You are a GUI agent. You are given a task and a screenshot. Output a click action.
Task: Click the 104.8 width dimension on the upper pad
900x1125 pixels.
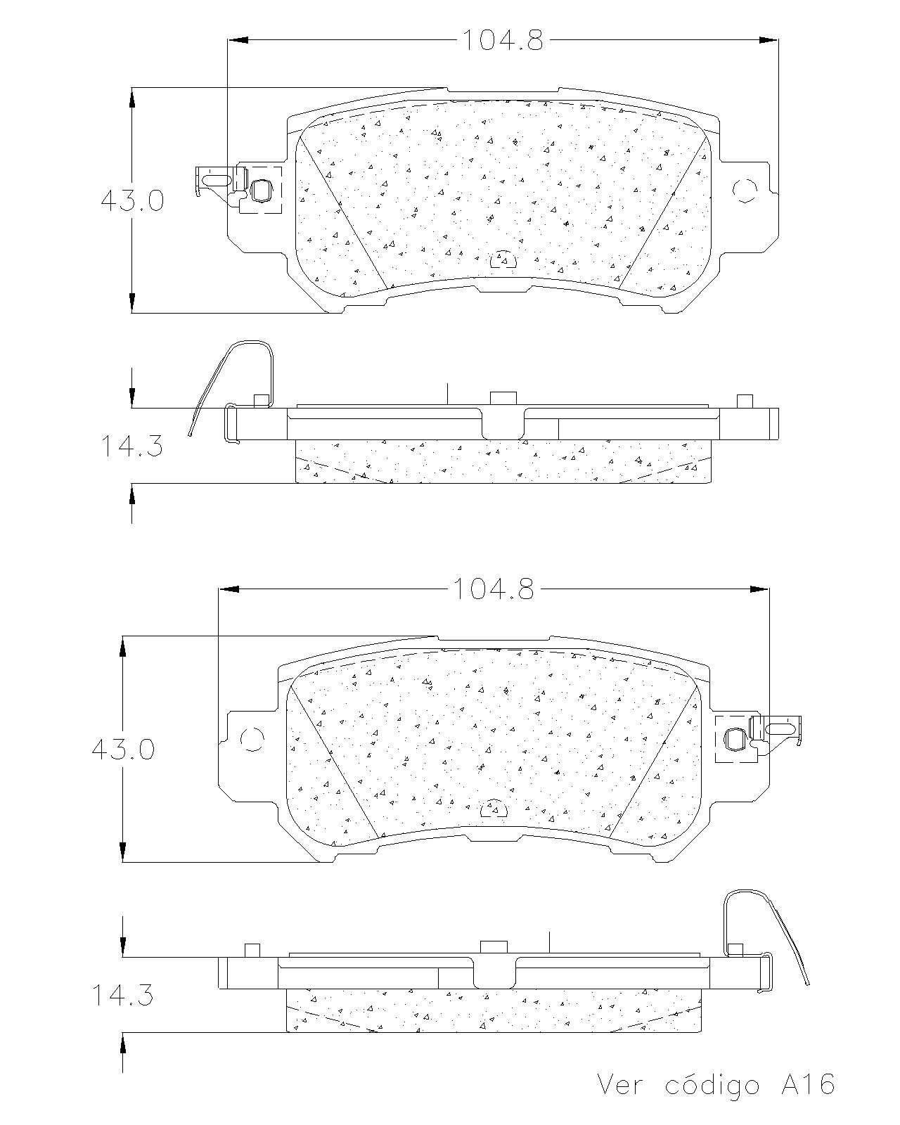coord(503,40)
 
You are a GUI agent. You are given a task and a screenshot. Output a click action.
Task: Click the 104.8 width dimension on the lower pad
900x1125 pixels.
coord(493,589)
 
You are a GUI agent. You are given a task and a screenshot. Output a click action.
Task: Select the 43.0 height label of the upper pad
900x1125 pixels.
coord(132,200)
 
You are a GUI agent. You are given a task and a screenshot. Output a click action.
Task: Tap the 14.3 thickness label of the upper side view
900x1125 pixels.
coord(131,446)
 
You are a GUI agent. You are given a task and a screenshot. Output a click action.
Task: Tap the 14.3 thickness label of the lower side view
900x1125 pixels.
coord(122,996)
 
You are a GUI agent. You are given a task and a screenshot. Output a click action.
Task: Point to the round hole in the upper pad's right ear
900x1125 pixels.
coord(745,191)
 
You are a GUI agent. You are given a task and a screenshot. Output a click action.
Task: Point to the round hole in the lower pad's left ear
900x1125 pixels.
coord(252,739)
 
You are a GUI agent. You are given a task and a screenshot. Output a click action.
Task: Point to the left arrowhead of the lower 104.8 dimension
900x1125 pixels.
coord(229,589)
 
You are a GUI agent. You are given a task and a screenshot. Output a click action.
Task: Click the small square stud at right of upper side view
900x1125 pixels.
coord(745,401)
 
